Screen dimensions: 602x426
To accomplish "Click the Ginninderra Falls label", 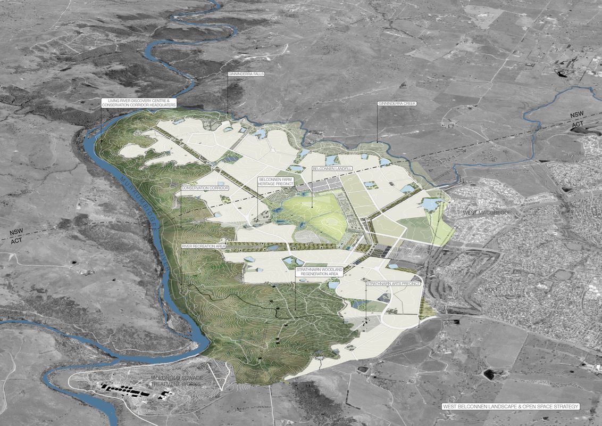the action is click(x=246, y=73).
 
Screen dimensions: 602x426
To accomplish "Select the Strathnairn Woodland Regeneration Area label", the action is click(x=320, y=273).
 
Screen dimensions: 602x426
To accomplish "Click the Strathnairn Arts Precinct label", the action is click(x=393, y=284).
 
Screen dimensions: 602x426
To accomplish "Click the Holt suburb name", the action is click(x=492, y=290).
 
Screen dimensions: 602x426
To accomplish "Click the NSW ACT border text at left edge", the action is click(x=18, y=237).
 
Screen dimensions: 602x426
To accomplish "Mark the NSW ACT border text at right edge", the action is click(x=578, y=119).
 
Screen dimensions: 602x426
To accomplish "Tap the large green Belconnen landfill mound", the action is click(x=314, y=210).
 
